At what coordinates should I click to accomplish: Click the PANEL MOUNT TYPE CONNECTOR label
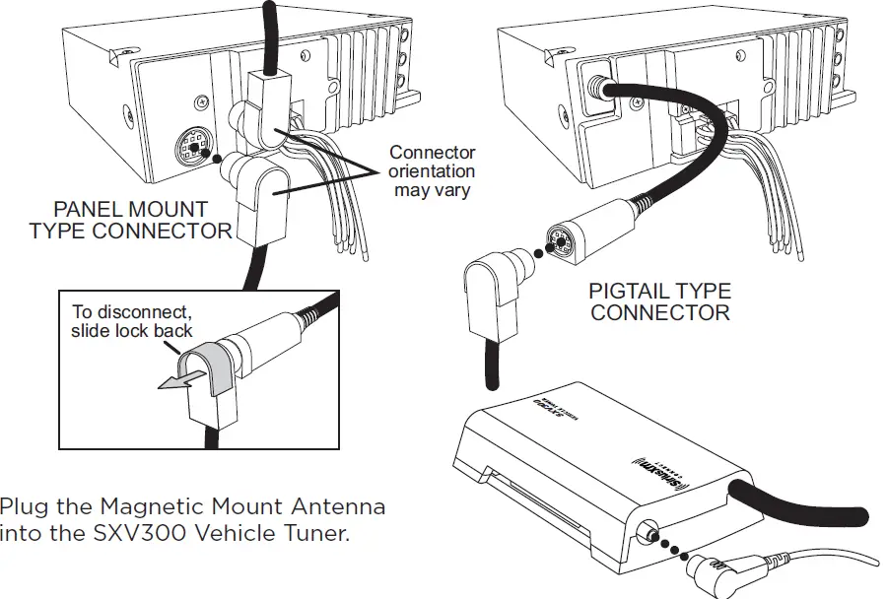(x=130, y=220)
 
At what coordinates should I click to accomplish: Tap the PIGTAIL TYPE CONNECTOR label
(x=659, y=302)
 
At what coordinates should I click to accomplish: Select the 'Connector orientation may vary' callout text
(x=432, y=170)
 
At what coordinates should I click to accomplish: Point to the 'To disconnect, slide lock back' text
(x=131, y=321)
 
